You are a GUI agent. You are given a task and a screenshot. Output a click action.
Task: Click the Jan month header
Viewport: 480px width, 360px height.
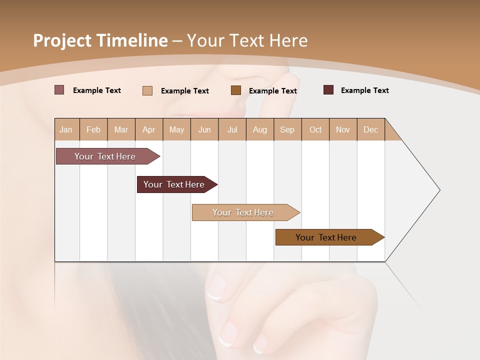pyautogui.click(x=66, y=129)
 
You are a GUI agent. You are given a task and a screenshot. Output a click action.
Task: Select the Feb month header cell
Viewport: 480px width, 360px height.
pyautogui.click(x=93, y=129)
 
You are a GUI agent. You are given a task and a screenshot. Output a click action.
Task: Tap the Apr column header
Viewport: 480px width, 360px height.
pyautogui.click(x=148, y=129)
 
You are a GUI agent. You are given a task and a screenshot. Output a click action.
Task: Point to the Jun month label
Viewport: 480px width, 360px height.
pyautogui.click(x=204, y=129)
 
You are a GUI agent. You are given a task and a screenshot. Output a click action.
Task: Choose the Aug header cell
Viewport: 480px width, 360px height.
pyautogui.click(x=259, y=129)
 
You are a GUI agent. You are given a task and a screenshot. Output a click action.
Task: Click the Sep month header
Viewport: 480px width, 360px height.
pyautogui.click(x=287, y=129)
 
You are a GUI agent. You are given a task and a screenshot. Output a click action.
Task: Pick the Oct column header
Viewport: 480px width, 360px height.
pyautogui.click(x=315, y=129)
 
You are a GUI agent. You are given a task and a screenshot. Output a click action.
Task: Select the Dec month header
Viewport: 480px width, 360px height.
pyautogui.click(x=370, y=129)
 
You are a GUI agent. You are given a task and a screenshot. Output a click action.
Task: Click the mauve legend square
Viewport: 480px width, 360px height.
pyautogui.click(x=59, y=90)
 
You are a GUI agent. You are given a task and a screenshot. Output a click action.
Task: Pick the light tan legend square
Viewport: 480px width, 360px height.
pyautogui.click(x=147, y=90)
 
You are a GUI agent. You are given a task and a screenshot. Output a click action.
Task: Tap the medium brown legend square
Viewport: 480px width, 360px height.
pyautogui.click(x=236, y=90)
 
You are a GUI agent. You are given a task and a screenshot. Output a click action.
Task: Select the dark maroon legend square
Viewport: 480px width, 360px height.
pyautogui.click(x=328, y=90)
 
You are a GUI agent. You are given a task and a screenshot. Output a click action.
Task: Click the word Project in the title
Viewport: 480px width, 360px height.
pyautogui.click(x=62, y=40)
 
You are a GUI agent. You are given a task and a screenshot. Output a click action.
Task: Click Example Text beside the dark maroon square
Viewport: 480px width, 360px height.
pyautogui.click(x=364, y=90)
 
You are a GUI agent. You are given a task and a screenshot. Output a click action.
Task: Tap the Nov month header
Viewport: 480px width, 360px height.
pyautogui.click(x=342, y=129)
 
